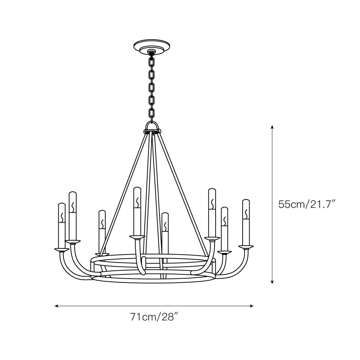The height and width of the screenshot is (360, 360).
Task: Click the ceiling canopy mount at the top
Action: [x=152, y=46]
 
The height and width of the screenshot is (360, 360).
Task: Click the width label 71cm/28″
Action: [x=154, y=317]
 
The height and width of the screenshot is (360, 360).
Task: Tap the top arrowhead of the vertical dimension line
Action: [x=273, y=127]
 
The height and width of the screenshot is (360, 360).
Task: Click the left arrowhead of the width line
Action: [x=56, y=306]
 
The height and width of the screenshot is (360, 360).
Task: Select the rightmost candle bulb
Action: [x=246, y=222]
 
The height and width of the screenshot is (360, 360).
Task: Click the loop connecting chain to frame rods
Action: [x=153, y=127]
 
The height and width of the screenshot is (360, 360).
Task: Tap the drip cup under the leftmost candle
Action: [x=62, y=249]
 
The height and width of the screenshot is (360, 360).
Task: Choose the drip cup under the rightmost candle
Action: [x=246, y=247]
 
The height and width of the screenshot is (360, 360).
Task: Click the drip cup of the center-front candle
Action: [x=137, y=237]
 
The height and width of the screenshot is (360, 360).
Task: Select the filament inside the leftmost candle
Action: [x=62, y=217]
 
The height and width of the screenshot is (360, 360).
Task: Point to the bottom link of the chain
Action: [x=152, y=113]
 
